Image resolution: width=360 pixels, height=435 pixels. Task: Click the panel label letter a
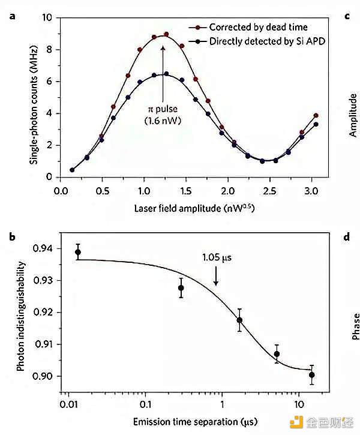[x=11, y=16]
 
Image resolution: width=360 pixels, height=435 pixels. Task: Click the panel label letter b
[x=11, y=237]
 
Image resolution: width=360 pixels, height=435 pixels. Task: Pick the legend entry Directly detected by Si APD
[x=265, y=41]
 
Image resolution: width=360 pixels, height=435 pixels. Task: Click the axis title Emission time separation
[x=178, y=421]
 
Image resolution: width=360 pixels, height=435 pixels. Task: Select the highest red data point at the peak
[x=167, y=34]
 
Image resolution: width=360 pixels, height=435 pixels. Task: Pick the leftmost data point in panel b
[x=78, y=252]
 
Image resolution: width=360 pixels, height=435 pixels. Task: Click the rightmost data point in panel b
[x=312, y=374]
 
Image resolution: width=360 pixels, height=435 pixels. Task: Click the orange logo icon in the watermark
[x=296, y=422]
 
